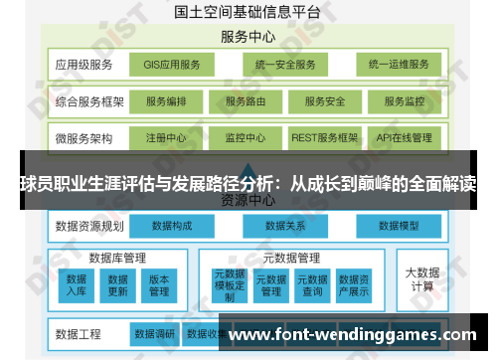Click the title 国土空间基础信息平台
(248, 12)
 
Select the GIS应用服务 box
(172, 65)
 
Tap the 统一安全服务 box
(284, 65)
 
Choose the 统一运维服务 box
(398, 65)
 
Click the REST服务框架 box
(324, 137)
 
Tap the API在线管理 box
(405, 137)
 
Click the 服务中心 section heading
(248, 37)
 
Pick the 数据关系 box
(285, 226)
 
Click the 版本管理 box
(159, 285)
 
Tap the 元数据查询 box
(312, 284)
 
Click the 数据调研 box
(154, 333)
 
